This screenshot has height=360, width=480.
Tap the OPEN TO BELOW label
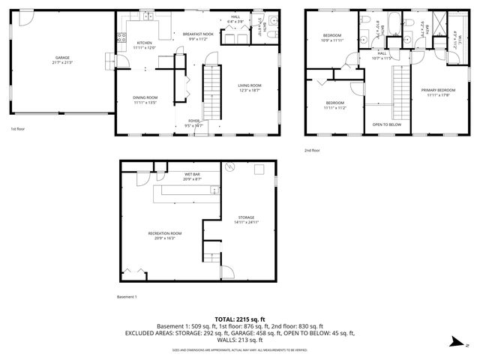click(387, 124)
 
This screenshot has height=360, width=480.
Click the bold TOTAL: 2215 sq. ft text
click(240, 319)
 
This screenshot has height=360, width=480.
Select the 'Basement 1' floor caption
click(127, 297)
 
